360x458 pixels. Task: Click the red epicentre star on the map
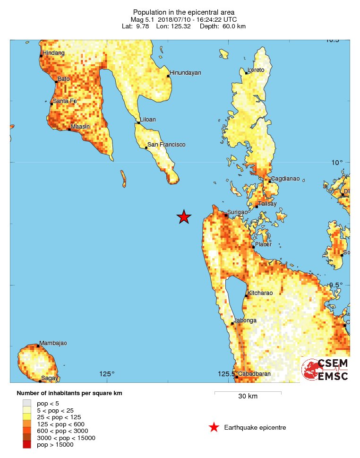click(x=184, y=217)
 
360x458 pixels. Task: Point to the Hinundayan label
click(x=186, y=72)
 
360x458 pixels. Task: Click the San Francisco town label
click(x=166, y=145)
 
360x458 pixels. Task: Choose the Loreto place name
click(x=256, y=70)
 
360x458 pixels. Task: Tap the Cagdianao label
click(x=286, y=178)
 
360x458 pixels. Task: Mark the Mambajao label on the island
click(x=53, y=343)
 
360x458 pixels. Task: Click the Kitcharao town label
click(x=260, y=293)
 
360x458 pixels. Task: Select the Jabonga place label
click(x=246, y=320)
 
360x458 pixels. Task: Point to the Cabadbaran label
click(x=254, y=374)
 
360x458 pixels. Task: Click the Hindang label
click(x=53, y=53)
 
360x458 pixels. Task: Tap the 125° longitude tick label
click(x=107, y=374)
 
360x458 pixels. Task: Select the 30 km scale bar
click(x=248, y=392)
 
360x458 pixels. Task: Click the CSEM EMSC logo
click(x=326, y=370)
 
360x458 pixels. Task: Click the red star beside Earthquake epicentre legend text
click(x=214, y=427)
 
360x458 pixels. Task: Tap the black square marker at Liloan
click(x=138, y=123)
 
